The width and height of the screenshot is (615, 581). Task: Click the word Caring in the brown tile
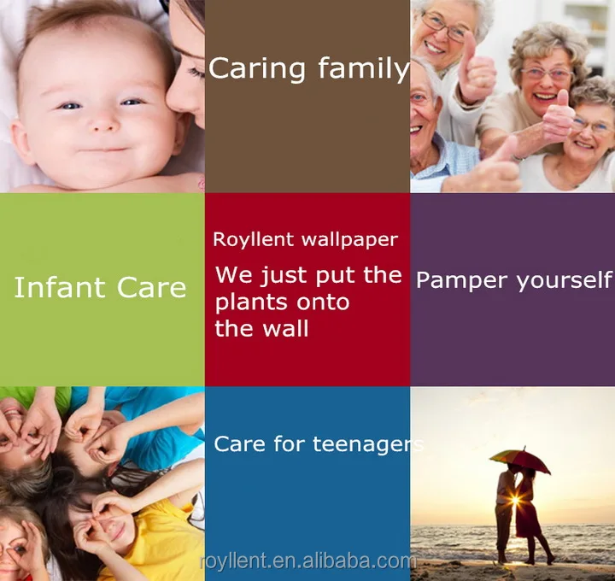(257, 69)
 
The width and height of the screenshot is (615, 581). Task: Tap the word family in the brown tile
(364, 68)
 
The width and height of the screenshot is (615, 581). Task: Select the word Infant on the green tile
(59, 288)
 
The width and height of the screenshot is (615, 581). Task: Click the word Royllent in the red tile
(254, 239)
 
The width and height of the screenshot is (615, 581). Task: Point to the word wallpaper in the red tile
(350, 240)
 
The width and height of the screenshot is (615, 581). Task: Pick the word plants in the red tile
(252, 302)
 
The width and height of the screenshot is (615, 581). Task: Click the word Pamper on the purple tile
(463, 280)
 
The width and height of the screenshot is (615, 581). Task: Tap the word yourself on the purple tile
(565, 280)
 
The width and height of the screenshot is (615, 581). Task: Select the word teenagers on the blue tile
(368, 444)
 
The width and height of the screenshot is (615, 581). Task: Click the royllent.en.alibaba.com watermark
(307, 561)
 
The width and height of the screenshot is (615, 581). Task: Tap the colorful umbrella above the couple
(519, 459)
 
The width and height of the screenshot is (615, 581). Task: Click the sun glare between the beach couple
(515, 500)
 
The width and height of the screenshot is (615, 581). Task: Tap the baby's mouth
(102, 149)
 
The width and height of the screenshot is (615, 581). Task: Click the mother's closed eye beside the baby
(195, 72)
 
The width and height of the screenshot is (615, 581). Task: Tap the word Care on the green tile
(151, 288)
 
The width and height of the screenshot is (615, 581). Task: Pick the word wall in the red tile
(285, 329)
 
